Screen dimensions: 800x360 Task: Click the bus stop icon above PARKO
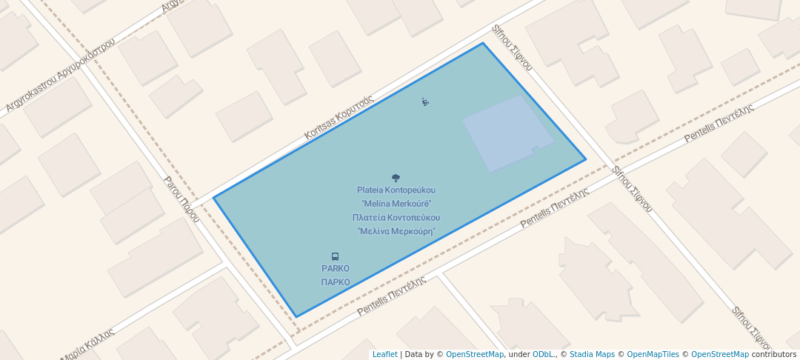[x=336, y=257]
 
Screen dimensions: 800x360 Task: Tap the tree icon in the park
[x=396, y=178]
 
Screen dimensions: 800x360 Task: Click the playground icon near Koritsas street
[x=425, y=102]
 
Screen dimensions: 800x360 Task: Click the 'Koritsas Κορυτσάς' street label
[x=339, y=118]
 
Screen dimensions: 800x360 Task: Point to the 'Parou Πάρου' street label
[x=182, y=199]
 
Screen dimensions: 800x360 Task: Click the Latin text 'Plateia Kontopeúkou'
[x=396, y=190]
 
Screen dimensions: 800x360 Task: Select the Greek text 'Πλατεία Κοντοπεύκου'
[x=396, y=218]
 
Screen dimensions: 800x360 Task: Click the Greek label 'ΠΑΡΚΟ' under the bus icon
[x=336, y=282]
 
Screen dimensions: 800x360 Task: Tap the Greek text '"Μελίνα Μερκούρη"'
[x=396, y=231]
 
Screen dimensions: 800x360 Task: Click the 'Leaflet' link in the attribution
[x=384, y=354]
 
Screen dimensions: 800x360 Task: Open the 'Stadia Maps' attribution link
[x=592, y=354]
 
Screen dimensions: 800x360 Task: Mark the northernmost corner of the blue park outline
[x=483, y=43]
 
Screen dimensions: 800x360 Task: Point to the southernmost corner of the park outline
[x=296, y=317]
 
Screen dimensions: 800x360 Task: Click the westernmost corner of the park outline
[x=213, y=198]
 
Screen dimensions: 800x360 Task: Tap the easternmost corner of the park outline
[x=586, y=159]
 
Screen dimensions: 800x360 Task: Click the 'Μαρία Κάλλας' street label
[x=88, y=345]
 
